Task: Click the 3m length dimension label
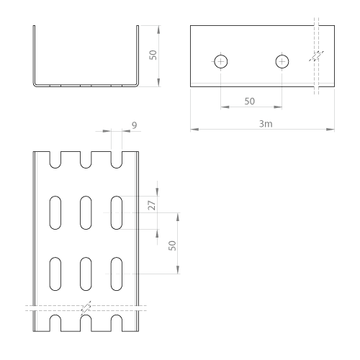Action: pyautogui.click(x=266, y=124)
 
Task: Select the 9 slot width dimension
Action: pyautogui.click(x=135, y=125)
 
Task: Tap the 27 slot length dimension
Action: pyautogui.click(x=152, y=205)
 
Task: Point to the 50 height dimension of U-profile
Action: pyautogui.click(x=153, y=55)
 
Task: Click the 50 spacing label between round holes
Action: pyautogui.click(x=250, y=102)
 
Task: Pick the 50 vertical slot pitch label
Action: pyautogui.click(x=172, y=246)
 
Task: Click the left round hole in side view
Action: pyautogui.click(x=221, y=62)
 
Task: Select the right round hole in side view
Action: pyautogui.click(x=282, y=62)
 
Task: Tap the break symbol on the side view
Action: pyautogui.click(x=316, y=56)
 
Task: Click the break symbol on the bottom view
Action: pyautogui.click(x=86, y=308)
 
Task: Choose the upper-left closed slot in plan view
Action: pyautogui.click(x=55, y=212)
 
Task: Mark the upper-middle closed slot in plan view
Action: pyautogui.click(x=86, y=212)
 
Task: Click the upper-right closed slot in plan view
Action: pyautogui.click(x=117, y=212)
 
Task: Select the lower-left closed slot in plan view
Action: pyautogui.click(x=55, y=274)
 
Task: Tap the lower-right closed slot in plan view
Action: pyautogui.click(x=117, y=274)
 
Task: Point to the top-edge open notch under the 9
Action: pyautogui.click(x=117, y=160)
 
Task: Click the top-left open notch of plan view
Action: pyautogui.click(x=55, y=160)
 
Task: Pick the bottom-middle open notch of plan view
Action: pyautogui.click(x=86, y=323)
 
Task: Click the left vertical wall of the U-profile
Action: pyautogui.click(x=34, y=55)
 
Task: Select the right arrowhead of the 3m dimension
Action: pyautogui.click(x=330, y=130)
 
